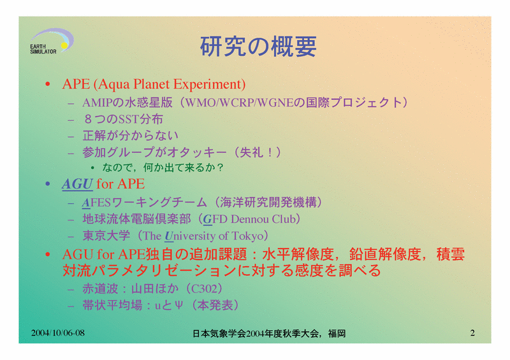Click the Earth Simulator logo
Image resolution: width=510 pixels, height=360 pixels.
coord(52,41)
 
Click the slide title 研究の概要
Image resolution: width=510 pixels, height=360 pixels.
coord(258,47)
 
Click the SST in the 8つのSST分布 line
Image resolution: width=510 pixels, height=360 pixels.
coord(129,119)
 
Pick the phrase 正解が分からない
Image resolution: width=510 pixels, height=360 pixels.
coord(131,136)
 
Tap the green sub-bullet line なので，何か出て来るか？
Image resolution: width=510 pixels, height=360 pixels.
coord(163,168)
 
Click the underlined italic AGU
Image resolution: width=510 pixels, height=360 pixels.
coord(77,184)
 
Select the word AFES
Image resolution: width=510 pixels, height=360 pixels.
coord(96,203)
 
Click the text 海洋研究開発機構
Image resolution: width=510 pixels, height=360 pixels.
coord(268,202)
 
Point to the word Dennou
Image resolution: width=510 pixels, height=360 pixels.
coord(250,219)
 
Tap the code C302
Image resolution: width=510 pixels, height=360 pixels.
coord(203,289)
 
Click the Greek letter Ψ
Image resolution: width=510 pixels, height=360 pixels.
coord(178,305)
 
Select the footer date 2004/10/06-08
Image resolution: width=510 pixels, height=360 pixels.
coord(58,333)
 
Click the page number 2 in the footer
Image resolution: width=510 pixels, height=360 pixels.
coord(472,333)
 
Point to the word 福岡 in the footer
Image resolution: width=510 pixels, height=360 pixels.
coord(337,334)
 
